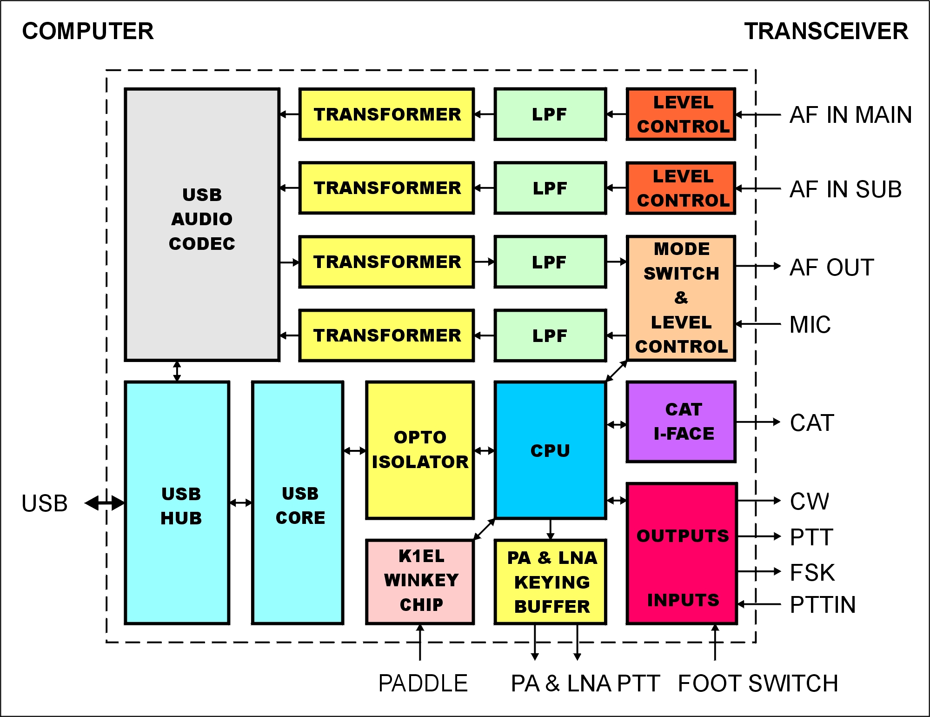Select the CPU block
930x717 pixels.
coord(550,450)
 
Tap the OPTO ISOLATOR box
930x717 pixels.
coord(420,449)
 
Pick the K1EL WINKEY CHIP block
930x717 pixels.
coord(420,581)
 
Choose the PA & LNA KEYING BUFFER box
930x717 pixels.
coord(551,582)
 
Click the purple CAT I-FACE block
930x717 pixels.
coord(681,422)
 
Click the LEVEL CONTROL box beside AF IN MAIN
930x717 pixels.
coord(681,114)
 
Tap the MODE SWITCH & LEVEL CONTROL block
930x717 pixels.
coord(681,298)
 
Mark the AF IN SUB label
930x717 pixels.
coord(845,189)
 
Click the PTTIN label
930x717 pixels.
coord(823,605)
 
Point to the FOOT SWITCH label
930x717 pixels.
coord(758,683)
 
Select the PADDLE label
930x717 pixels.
coord(423,683)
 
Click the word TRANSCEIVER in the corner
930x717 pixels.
coord(826,32)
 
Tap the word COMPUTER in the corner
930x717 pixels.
coord(88,32)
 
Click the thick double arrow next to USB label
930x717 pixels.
coord(105,503)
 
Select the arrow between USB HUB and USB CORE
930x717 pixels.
coord(240,503)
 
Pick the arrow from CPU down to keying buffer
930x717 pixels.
coord(551,529)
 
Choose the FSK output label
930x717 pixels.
coord(812,572)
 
